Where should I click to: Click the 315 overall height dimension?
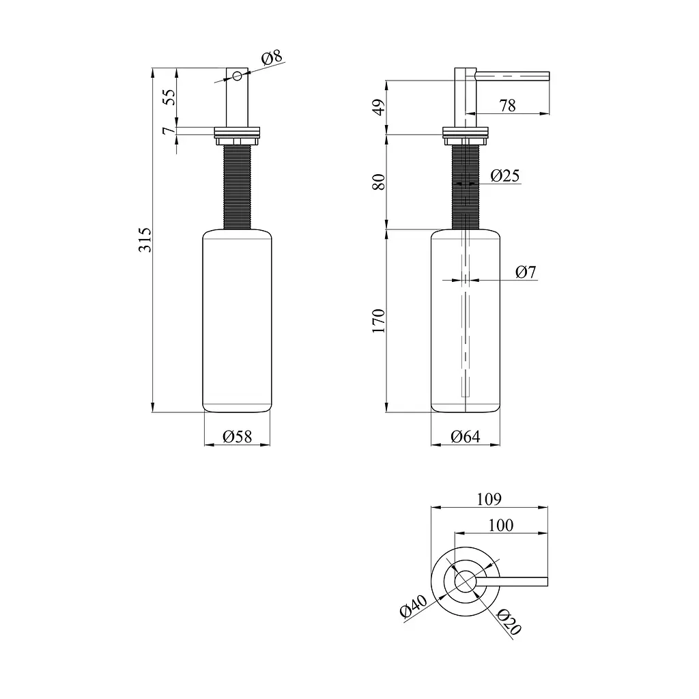click(145, 240)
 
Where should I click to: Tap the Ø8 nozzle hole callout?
click(272, 57)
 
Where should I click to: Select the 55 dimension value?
click(169, 97)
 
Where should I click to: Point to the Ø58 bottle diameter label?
click(237, 436)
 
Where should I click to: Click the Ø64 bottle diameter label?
click(465, 436)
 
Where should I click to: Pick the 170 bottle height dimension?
click(378, 320)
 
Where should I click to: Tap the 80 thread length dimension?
click(378, 182)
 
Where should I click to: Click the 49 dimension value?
click(378, 107)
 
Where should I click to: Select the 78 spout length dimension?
click(507, 106)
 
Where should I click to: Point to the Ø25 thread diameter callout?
click(505, 175)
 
